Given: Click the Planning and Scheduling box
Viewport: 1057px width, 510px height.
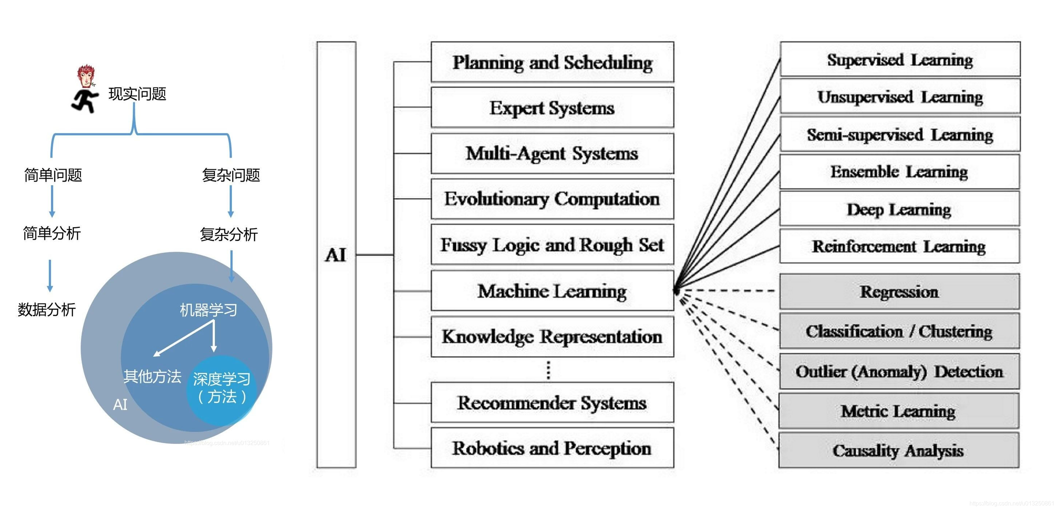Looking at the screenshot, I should (x=552, y=62).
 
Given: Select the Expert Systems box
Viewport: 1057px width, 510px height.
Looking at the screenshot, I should (x=552, y=107).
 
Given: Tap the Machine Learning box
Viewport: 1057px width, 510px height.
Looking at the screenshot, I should (x=552, y=290).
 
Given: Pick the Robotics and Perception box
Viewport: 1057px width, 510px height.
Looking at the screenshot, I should (x=552, y=448).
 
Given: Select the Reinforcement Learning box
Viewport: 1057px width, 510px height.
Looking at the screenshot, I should (x=899, y=246).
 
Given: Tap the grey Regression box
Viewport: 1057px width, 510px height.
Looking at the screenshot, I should (x=899, y=291).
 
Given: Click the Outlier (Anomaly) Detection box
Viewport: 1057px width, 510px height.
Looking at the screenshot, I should (x=899, y=371).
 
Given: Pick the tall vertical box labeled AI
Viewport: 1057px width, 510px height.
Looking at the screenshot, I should (x=336, y=254).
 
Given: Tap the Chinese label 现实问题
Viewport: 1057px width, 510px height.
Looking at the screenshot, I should (x=137, y=94).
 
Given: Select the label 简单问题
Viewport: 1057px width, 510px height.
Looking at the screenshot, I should (x=53, y=175).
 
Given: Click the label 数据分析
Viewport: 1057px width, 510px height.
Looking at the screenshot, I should (x=46, y=309).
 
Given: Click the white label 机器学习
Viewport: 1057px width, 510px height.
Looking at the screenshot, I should (x=208, y=310).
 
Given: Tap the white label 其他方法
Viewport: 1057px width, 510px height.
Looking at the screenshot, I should (x=152, y=376).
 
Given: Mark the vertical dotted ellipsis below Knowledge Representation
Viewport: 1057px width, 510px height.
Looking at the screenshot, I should (x=549, y=370).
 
